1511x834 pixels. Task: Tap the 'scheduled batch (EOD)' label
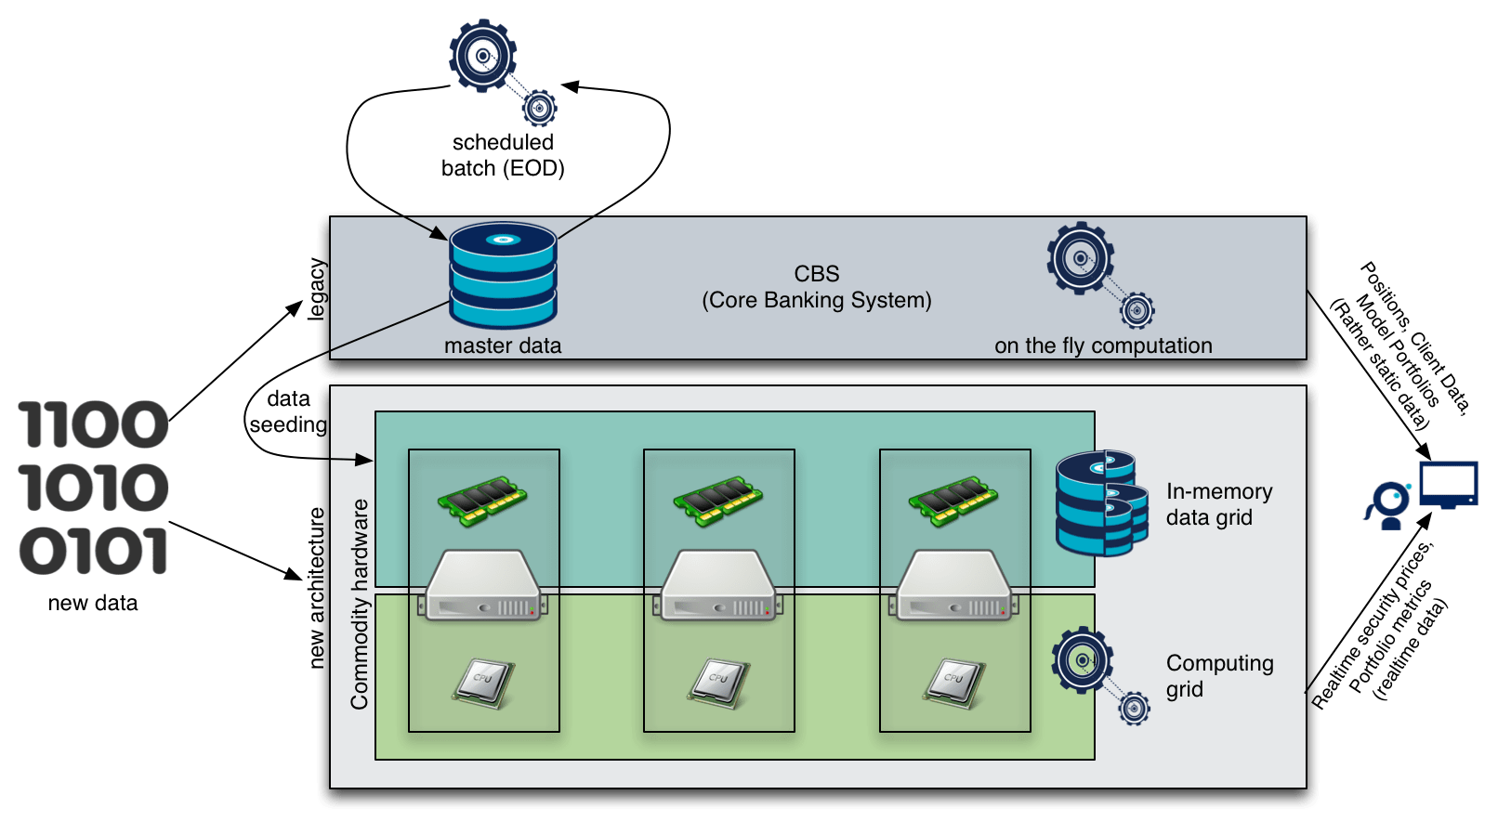pos(503,155)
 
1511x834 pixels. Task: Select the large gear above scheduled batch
pos(482,56)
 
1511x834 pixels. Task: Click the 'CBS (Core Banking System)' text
pos(817,287)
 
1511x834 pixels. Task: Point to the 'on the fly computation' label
pos(1103,345)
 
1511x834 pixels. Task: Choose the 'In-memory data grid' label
pos(1218,504)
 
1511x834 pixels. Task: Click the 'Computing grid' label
pos(1219,676)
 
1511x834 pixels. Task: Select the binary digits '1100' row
pos(93,424)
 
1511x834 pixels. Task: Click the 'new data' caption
pos(93,603)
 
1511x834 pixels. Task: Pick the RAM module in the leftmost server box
pos(482,500)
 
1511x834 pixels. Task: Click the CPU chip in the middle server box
pos(718,683)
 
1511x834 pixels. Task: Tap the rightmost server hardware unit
pos(954,585)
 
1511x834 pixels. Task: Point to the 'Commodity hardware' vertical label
pos(360,604)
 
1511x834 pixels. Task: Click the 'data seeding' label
pos(284,411)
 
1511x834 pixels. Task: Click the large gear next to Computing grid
pos(1082,660)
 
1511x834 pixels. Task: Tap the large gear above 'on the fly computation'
pos(1080,257)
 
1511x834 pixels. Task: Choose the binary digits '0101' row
pos(93,551)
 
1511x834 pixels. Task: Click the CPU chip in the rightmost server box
pos(953,683)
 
